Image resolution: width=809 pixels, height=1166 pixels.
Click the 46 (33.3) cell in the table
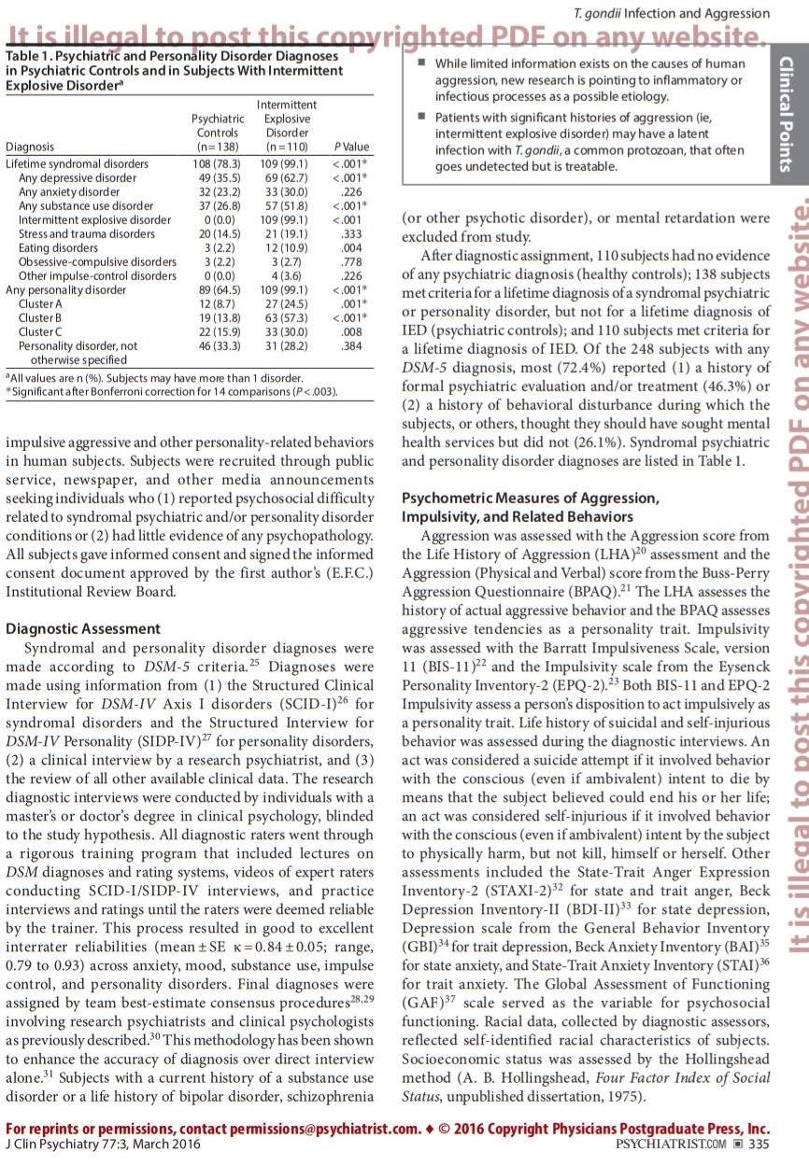coord(218,345)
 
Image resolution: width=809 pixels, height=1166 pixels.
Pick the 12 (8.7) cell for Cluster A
coord(218,303)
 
